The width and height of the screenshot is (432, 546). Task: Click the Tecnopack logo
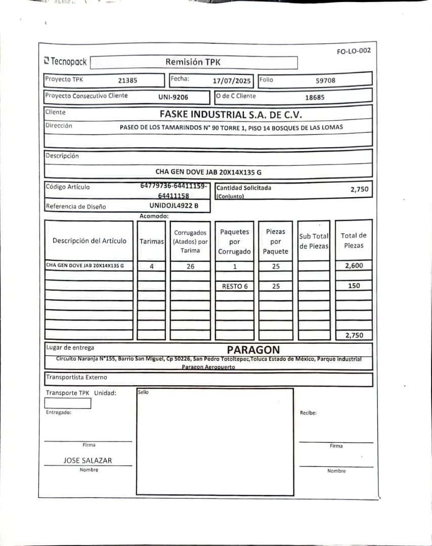65,62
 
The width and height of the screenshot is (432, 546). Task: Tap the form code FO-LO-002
353,51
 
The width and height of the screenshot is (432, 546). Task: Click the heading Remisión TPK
193,62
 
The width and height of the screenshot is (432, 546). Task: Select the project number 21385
127,80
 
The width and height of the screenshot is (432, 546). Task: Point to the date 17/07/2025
232,80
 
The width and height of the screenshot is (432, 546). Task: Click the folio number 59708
325,80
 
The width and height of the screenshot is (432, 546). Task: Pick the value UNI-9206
173,97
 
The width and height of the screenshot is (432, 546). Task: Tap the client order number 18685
315,97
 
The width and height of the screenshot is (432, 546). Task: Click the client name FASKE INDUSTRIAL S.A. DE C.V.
231,114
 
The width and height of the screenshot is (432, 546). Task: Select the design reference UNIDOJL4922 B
174,206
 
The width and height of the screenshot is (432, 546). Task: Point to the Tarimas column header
152,241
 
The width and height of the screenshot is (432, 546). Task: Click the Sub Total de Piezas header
314,241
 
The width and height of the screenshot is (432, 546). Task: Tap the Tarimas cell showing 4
152,266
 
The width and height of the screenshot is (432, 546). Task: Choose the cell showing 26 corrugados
190,266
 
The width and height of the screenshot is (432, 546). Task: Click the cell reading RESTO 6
235,286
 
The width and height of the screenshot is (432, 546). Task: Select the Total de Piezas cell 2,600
354,265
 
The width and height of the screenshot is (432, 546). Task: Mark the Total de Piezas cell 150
354,286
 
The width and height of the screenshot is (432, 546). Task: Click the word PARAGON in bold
253,350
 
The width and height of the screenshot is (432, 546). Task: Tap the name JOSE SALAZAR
88,461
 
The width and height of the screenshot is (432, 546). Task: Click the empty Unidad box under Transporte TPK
68,403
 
